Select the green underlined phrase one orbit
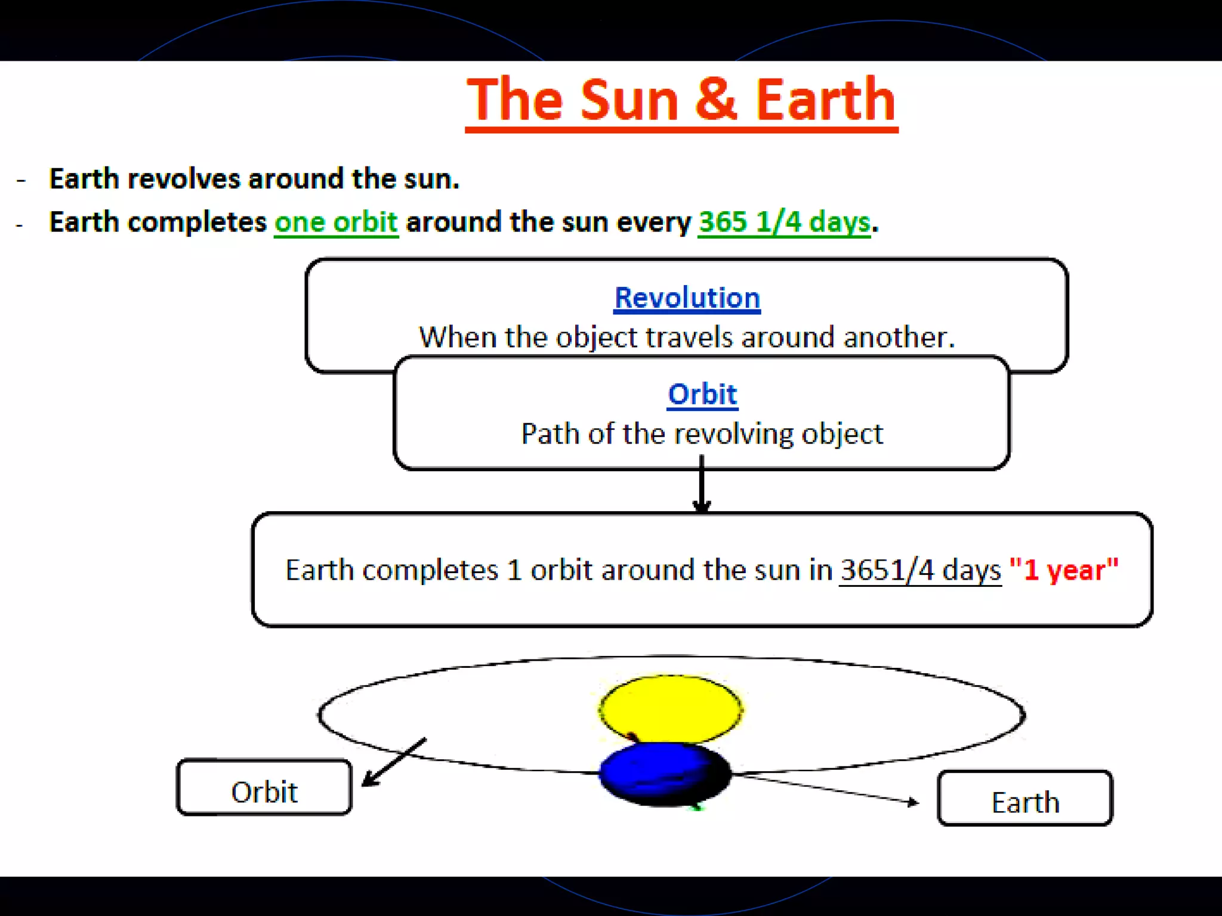coord(336,222)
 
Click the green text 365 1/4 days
coord(784,222)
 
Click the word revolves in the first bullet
coord(184,179)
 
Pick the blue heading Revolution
coord(687,298)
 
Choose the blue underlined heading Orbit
coord(702,394)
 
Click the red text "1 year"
coord(1063,570)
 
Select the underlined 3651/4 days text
coord(920,570)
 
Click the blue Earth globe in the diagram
coord(664,774)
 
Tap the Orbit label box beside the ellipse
coord(264,787)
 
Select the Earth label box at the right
coord(1025,799)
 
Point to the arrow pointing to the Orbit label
coord(394,762)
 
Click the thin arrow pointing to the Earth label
coord(829,788)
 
